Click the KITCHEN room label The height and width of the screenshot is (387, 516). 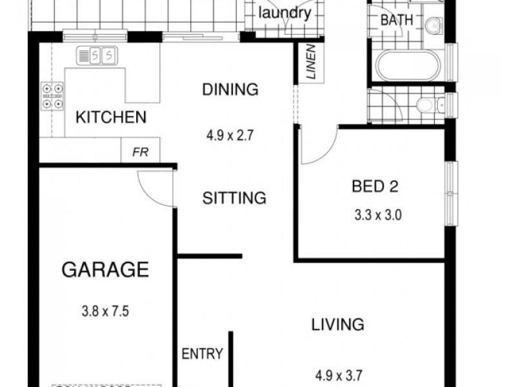[111, 117]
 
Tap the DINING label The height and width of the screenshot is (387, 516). [230, 90]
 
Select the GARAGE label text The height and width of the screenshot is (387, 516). [105, 269]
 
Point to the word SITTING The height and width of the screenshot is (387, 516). [234, 198]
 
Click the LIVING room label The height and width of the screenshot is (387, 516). [338, 324]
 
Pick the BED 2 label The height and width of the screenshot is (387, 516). [375, 187]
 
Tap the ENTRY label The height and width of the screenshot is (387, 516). [202, 353]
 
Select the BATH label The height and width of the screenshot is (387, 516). [396, 20]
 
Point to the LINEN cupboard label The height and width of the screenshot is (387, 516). [311, 62]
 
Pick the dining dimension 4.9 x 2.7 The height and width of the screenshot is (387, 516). [231, 136]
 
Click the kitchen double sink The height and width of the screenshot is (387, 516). [97, 56]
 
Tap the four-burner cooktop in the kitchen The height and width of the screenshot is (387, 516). [53, 95]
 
